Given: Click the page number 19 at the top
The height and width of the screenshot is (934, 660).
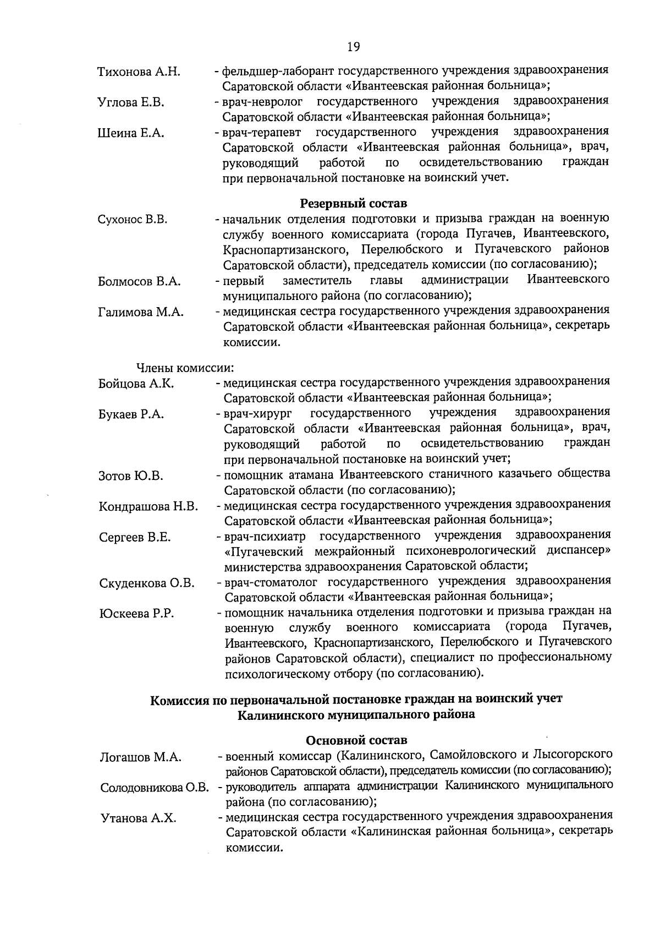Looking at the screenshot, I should (353, 47).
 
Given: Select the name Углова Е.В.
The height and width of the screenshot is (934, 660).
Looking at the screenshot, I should (130, 102).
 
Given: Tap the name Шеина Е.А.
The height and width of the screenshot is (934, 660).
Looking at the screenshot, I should (130, 133).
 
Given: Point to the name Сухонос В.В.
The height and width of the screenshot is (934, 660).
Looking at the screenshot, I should (132, 220).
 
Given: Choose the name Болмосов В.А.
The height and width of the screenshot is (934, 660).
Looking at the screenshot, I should (139, 282).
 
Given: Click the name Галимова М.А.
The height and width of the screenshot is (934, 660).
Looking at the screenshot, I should (141, 313).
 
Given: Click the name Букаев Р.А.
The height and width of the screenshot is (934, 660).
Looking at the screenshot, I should (131, 414).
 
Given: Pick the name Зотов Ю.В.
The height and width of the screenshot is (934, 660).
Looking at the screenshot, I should (131, 476).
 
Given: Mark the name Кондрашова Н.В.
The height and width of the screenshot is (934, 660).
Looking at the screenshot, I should (148, 507).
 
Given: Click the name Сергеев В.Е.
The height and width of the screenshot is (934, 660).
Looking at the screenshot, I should (135, 538).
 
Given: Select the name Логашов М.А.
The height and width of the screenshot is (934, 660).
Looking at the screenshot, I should (140, 758).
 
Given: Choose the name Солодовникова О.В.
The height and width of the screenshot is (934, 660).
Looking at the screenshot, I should (155, 788).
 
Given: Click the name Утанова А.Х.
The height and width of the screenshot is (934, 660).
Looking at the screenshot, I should (138, 818).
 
